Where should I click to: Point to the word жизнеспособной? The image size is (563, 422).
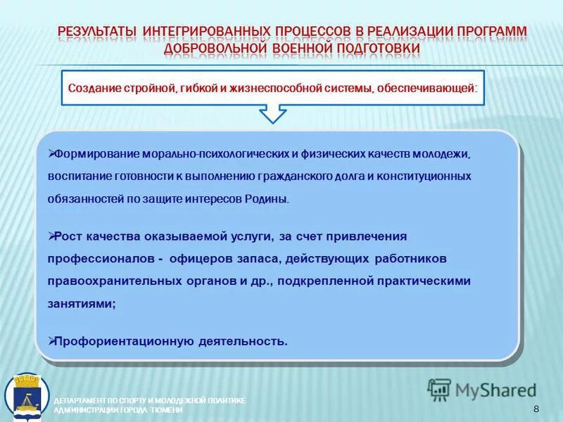click(277, 89)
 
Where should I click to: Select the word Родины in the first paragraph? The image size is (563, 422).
click(270, 199)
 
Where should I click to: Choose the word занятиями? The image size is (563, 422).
click(80, 303)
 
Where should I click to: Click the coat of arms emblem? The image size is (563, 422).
click(27, 397)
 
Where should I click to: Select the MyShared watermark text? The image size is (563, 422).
click(495, 389)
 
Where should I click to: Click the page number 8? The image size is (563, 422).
click(536, 409)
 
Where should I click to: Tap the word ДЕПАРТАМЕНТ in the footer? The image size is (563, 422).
click(80, 400)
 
